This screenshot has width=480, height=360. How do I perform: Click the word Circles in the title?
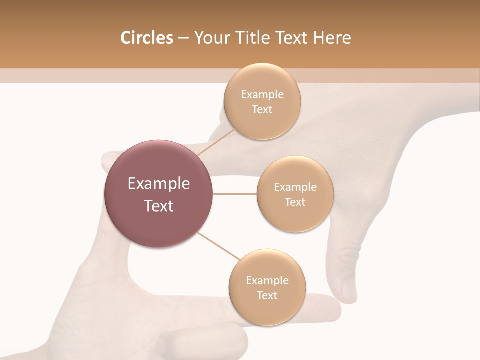click(x=146, y=38)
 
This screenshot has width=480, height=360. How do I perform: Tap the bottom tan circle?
click(x=267, y=310)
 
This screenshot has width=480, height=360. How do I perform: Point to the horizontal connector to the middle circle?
click(x=235, y=194)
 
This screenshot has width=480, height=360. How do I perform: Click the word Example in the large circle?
click(x=158, y=184)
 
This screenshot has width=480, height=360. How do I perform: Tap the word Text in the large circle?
click(x=158, y=206)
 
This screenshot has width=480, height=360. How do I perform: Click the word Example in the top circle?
click(x=262, y=95)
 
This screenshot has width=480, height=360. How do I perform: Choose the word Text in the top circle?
click(x=262, y=110)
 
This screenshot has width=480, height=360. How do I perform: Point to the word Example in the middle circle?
click(x=295, y=187)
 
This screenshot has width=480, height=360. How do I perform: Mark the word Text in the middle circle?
click(x=295, y=202)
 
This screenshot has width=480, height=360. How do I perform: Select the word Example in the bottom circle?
click(x=267, y=281)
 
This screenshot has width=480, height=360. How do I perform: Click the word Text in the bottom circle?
click(x=267, y=296)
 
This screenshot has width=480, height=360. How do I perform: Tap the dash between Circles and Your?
click(x=183, y=38)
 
